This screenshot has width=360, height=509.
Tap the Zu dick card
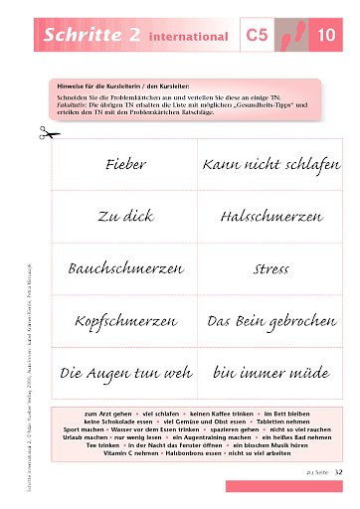(124, 215)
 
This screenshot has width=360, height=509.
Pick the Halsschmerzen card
(264, 215)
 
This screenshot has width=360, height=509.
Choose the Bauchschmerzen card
(124, 268)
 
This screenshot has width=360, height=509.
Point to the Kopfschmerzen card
(124, 322)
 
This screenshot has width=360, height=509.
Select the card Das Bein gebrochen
(265, 322)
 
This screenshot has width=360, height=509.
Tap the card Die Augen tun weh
(124, 374)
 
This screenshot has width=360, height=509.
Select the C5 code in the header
(258, 36)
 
